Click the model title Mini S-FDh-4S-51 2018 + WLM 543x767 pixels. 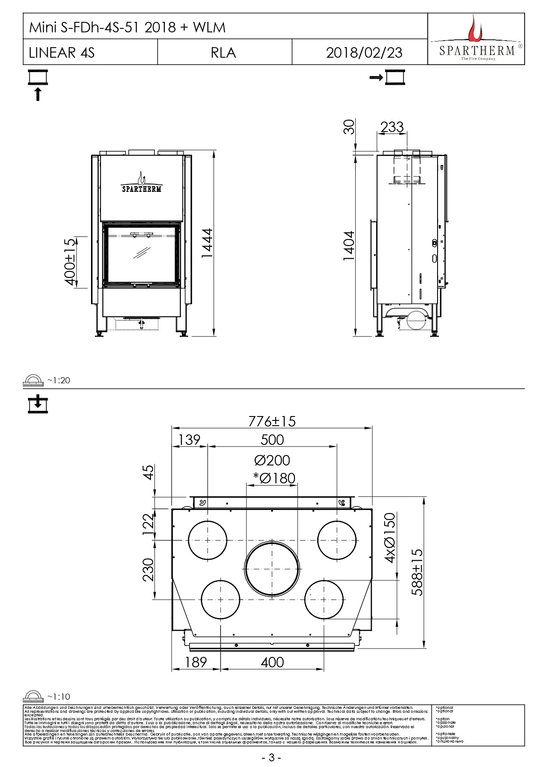[x=127, y=28]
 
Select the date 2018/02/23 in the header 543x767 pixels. [x=364, y=52]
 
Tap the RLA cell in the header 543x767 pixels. [x=223, y=52]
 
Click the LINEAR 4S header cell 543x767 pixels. [x=62, y=52]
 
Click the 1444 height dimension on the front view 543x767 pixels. [x=207, y=243]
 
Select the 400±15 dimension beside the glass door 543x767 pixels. [x=70, y=262]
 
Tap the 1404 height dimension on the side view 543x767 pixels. [x=349, y=246]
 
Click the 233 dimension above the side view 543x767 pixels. [x=392, y=127]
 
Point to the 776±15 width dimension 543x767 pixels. [x=272, y=421]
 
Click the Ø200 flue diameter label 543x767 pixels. [x=272, y=460]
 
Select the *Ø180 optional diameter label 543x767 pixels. [x=274, y=478]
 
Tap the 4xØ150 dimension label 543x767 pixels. [x=389, y=538]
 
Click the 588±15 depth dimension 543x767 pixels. [x=418, y=572]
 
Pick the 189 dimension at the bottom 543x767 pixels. [x=196, y=662]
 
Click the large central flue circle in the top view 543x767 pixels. [x=272, y=569]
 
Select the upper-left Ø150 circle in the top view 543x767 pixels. [x=207, y=540]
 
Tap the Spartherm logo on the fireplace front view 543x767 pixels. [x=141, y=184]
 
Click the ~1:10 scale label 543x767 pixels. [x=58, y=697]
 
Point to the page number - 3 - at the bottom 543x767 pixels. [x=271, y=757]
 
